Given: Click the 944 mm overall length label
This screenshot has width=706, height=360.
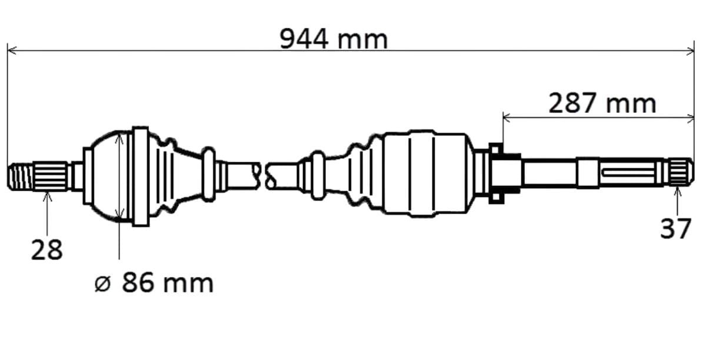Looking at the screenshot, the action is point(334,39).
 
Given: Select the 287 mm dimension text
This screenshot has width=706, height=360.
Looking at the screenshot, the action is point(602,103).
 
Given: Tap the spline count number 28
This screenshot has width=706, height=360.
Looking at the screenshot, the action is point(47,249).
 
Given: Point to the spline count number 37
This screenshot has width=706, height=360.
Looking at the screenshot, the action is point(676,229).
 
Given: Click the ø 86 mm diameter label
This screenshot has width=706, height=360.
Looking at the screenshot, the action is point(154,283).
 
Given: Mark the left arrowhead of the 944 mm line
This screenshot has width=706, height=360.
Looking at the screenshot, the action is point(12,51).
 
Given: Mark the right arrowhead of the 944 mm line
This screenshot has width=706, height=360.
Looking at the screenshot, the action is point(690,51).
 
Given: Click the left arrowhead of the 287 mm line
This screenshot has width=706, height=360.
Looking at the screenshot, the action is point(507,118).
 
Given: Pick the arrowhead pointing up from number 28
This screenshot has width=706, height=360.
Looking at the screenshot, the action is point(47,196).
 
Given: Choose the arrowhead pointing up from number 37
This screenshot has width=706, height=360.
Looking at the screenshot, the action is point(677,192).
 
